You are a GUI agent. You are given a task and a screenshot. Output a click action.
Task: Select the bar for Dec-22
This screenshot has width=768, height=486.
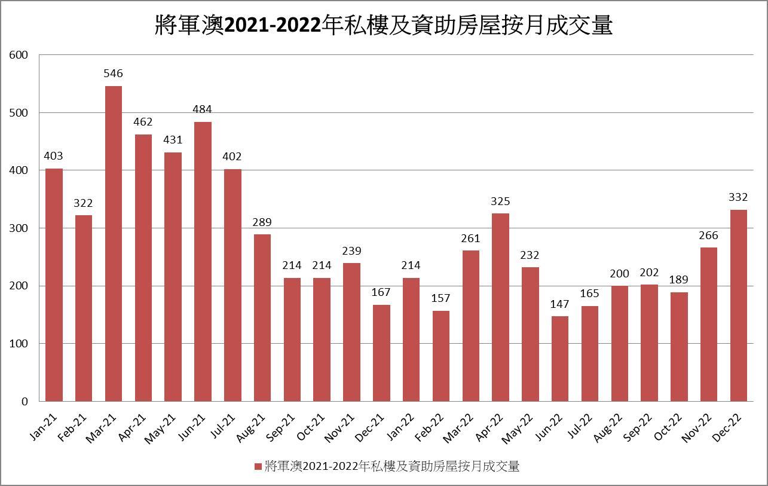(x=739, y=305)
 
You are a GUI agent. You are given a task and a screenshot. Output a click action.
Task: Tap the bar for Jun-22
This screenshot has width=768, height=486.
(x=560, y=359)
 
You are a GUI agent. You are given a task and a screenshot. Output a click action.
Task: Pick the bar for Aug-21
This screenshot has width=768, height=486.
(x=262, y=317)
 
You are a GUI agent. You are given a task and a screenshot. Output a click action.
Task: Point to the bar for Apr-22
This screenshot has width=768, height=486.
(x=500, y=307)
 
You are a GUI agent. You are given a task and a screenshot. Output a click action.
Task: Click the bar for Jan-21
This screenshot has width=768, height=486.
(x=54, y=285)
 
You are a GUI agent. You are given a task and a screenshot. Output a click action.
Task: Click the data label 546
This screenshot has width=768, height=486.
(x=113, y=74)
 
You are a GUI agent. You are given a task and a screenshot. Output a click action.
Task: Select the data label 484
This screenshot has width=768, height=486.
(x=203, y=109)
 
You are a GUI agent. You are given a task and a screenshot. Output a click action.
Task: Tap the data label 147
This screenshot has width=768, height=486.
(x=560, y=304)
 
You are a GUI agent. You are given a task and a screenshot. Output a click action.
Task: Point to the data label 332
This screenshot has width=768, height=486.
(x=739, y=197)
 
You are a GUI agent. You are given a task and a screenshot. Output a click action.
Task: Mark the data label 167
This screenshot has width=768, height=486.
(x=381, y=292)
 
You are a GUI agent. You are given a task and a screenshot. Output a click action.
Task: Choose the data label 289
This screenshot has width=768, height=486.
(x=262, y=222)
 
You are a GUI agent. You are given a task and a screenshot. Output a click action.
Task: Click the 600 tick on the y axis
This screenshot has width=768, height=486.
(x=19, y=55)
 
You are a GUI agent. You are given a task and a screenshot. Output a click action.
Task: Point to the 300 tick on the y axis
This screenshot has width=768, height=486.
(x=19, y=228)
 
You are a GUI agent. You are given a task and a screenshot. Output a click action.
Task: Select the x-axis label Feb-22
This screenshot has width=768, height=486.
(x=430, y=427)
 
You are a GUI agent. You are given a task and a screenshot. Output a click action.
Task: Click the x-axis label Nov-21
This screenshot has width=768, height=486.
(x=340, y=427)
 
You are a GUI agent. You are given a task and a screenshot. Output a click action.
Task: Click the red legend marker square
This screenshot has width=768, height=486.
(x=258, y=467)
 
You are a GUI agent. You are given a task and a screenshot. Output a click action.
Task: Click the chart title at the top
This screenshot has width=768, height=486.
(x=384, y=26)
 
